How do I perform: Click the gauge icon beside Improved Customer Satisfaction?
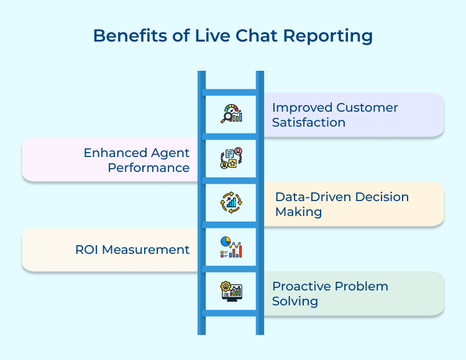[x=231, y=113]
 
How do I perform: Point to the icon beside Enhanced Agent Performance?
[x=231, y=158]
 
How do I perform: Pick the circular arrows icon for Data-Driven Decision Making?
[x=231, y=202]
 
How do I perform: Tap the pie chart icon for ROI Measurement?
[x=231, y=247]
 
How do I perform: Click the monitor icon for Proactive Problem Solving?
[x=231, y=291]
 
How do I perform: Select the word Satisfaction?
[x=309, y=122]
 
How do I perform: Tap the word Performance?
[x=148, y=168]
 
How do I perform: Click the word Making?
[x=298, y=212]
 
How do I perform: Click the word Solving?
[x=295, y=302]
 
